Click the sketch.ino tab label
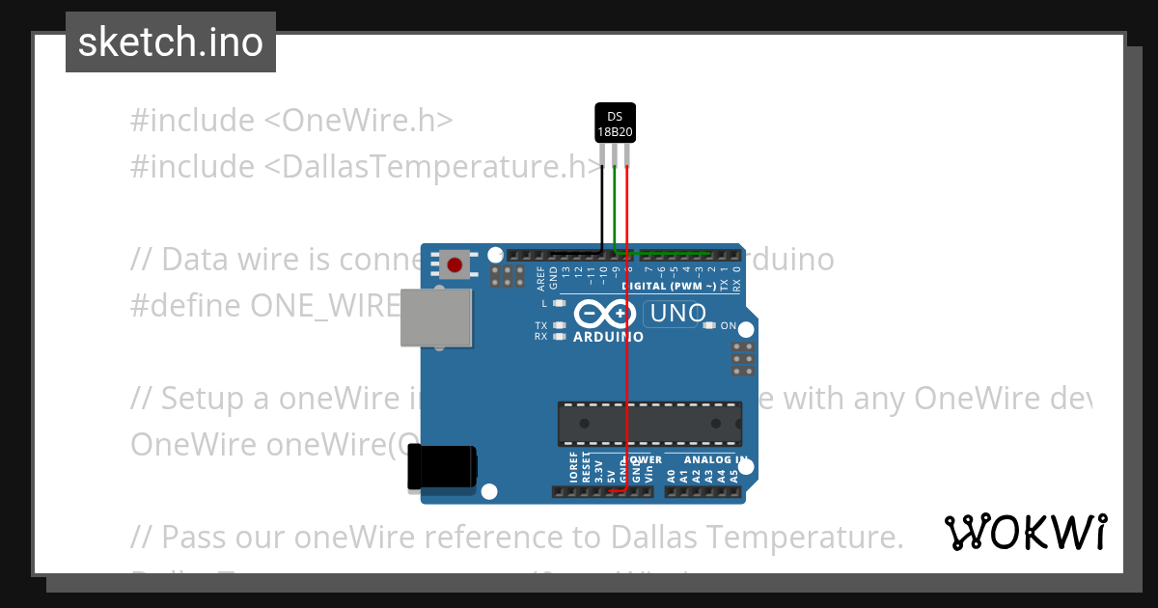[x=171, y=42]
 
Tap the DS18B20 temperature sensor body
[x=615, y=124]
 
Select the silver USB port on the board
[x=436, y=318]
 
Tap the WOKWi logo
[x=1026, y=532]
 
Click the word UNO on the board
[x=678, y=314]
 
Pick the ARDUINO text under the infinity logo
[x=608, y=337]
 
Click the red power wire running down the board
[x=628, y=367]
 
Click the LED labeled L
[x=559, y=303]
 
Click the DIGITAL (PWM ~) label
[x=669, y=287]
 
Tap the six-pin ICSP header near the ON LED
[x=743, y=358]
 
